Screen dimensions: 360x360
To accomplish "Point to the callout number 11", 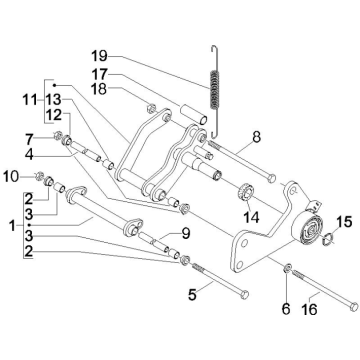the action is [30, 101].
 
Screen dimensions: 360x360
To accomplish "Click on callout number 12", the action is [51, 118].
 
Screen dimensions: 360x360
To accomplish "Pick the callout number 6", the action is [286, 309].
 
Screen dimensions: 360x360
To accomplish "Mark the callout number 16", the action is [309, 309].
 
